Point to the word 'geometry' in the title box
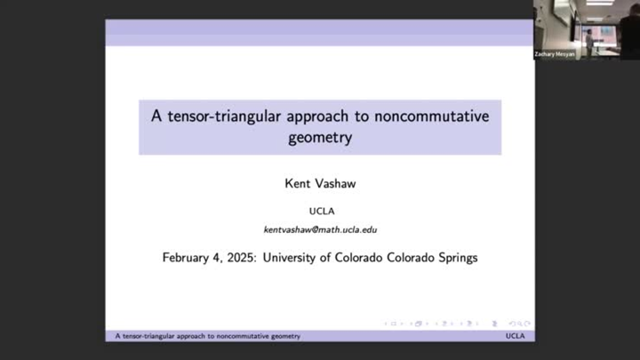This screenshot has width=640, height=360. pyautogui.click(x=320, y=138)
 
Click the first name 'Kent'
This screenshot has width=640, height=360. pyautogui.click(x=296, y=185)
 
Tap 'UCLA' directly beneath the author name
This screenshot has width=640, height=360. pyautogui.click(x=320, y=211)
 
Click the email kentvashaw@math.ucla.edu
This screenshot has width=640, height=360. pyautogui.click(x=320, y=229)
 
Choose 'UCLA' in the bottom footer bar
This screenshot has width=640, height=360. pyautogui.click(x=516, y=336)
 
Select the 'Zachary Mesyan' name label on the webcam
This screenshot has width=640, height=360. pyautogui.click(x=553, y=53)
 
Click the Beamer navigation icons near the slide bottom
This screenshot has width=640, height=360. pyautogui.click(x=457, y=324)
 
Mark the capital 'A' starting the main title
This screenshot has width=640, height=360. pyautogui.click(x=156, y=116)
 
